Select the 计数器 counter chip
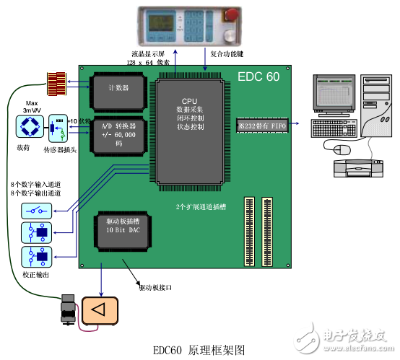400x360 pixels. [x=118, y=88]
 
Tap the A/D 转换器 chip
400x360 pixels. [x=118, y=131]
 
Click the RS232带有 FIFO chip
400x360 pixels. [x=263, y=126]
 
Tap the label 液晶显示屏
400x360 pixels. [x=149, y=54]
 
